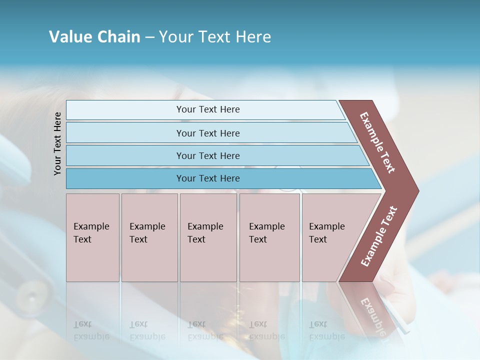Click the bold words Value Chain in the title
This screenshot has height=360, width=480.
click(94, 37)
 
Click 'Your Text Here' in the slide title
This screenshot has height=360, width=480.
click(215, 37)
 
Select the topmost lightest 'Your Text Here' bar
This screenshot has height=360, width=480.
click(208, 109)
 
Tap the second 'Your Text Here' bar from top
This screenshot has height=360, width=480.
click(208, 133)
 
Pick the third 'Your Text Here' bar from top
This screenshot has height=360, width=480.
click(208, 155)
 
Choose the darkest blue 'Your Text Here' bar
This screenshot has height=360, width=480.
click(208, 178)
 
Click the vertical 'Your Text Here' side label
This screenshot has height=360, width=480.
click(57, 143)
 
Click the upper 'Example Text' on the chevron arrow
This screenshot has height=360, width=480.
click(377, 142)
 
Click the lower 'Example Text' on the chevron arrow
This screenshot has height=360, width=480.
click(379, 236)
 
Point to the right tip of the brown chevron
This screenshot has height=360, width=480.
click(417, 191)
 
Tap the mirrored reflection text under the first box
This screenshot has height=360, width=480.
click(91, 330)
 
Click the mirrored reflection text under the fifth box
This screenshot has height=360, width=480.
click(326, 330)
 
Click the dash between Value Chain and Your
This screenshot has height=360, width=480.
click(149, 37)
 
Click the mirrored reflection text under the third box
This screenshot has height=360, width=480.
click(205, 330)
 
